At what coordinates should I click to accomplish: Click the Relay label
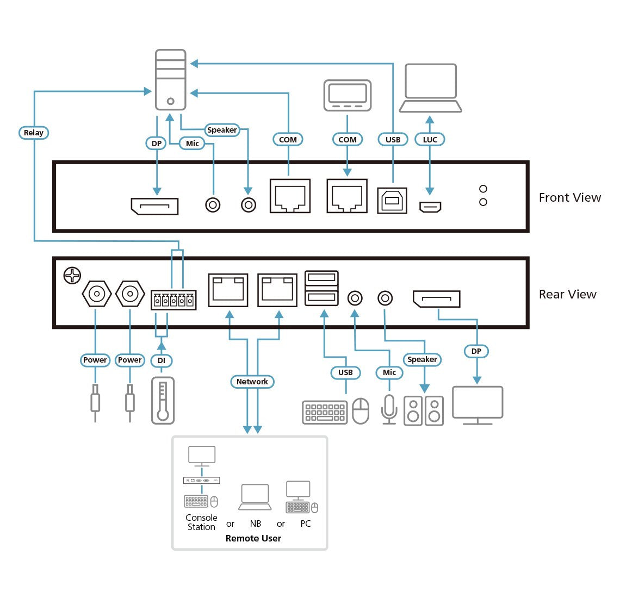[x=33, y=133]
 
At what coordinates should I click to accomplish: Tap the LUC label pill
[x=430, y=140]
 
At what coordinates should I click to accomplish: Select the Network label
[x=252, y=382]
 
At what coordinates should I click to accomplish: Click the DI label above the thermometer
[x=162, y=360]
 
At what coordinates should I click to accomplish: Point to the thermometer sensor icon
[x=163, y=401]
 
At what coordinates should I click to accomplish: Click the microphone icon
[x=389, y=408]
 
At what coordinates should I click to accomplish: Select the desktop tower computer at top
[x=170, y=80]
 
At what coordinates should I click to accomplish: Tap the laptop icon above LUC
[x=430, y=88]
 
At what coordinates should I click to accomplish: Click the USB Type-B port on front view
[x=392, y=201]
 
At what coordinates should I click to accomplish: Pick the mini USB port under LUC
[x=430, y=207]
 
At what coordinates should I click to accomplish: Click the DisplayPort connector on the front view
[x=154, y=206]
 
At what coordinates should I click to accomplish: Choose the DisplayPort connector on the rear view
[x=436, y=299]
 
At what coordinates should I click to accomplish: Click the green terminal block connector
[x=173, y=300]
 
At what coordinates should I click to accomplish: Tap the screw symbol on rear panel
[x=72, y=276]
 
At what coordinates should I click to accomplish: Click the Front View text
[x=569, y=198]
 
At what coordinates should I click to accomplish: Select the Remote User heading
[x=253, y=538]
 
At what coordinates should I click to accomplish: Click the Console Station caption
[x=201, y=522]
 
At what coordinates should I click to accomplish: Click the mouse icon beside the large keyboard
[x=361, y=411]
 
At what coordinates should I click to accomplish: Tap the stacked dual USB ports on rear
[x=321, y=288]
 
